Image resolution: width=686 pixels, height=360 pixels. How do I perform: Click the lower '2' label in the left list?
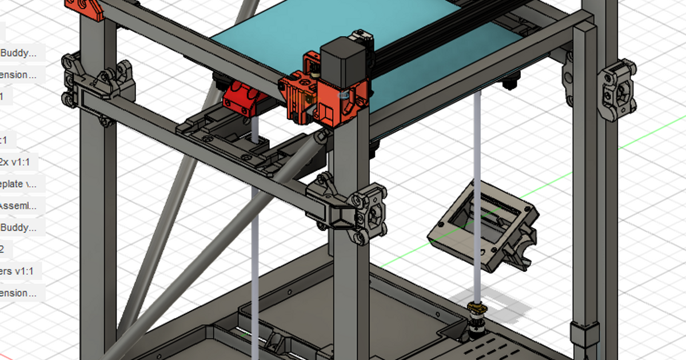(3, 249)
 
